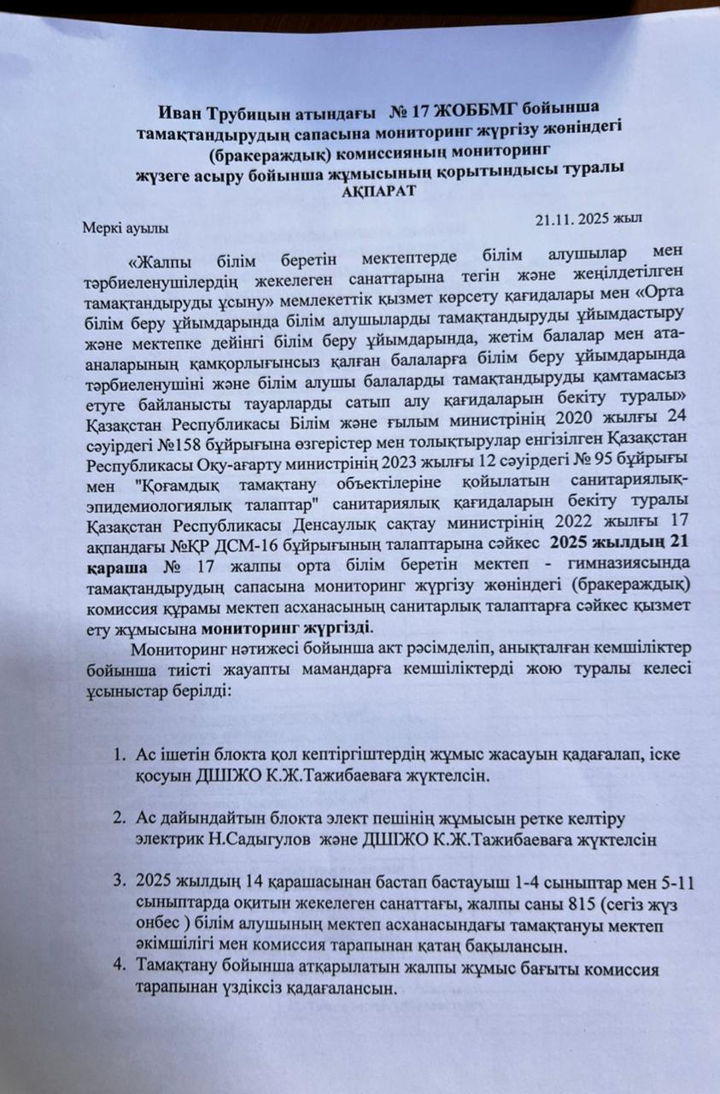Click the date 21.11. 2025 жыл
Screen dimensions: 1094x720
589,219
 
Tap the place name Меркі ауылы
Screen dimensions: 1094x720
126,227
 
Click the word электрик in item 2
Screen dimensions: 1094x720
161,840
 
